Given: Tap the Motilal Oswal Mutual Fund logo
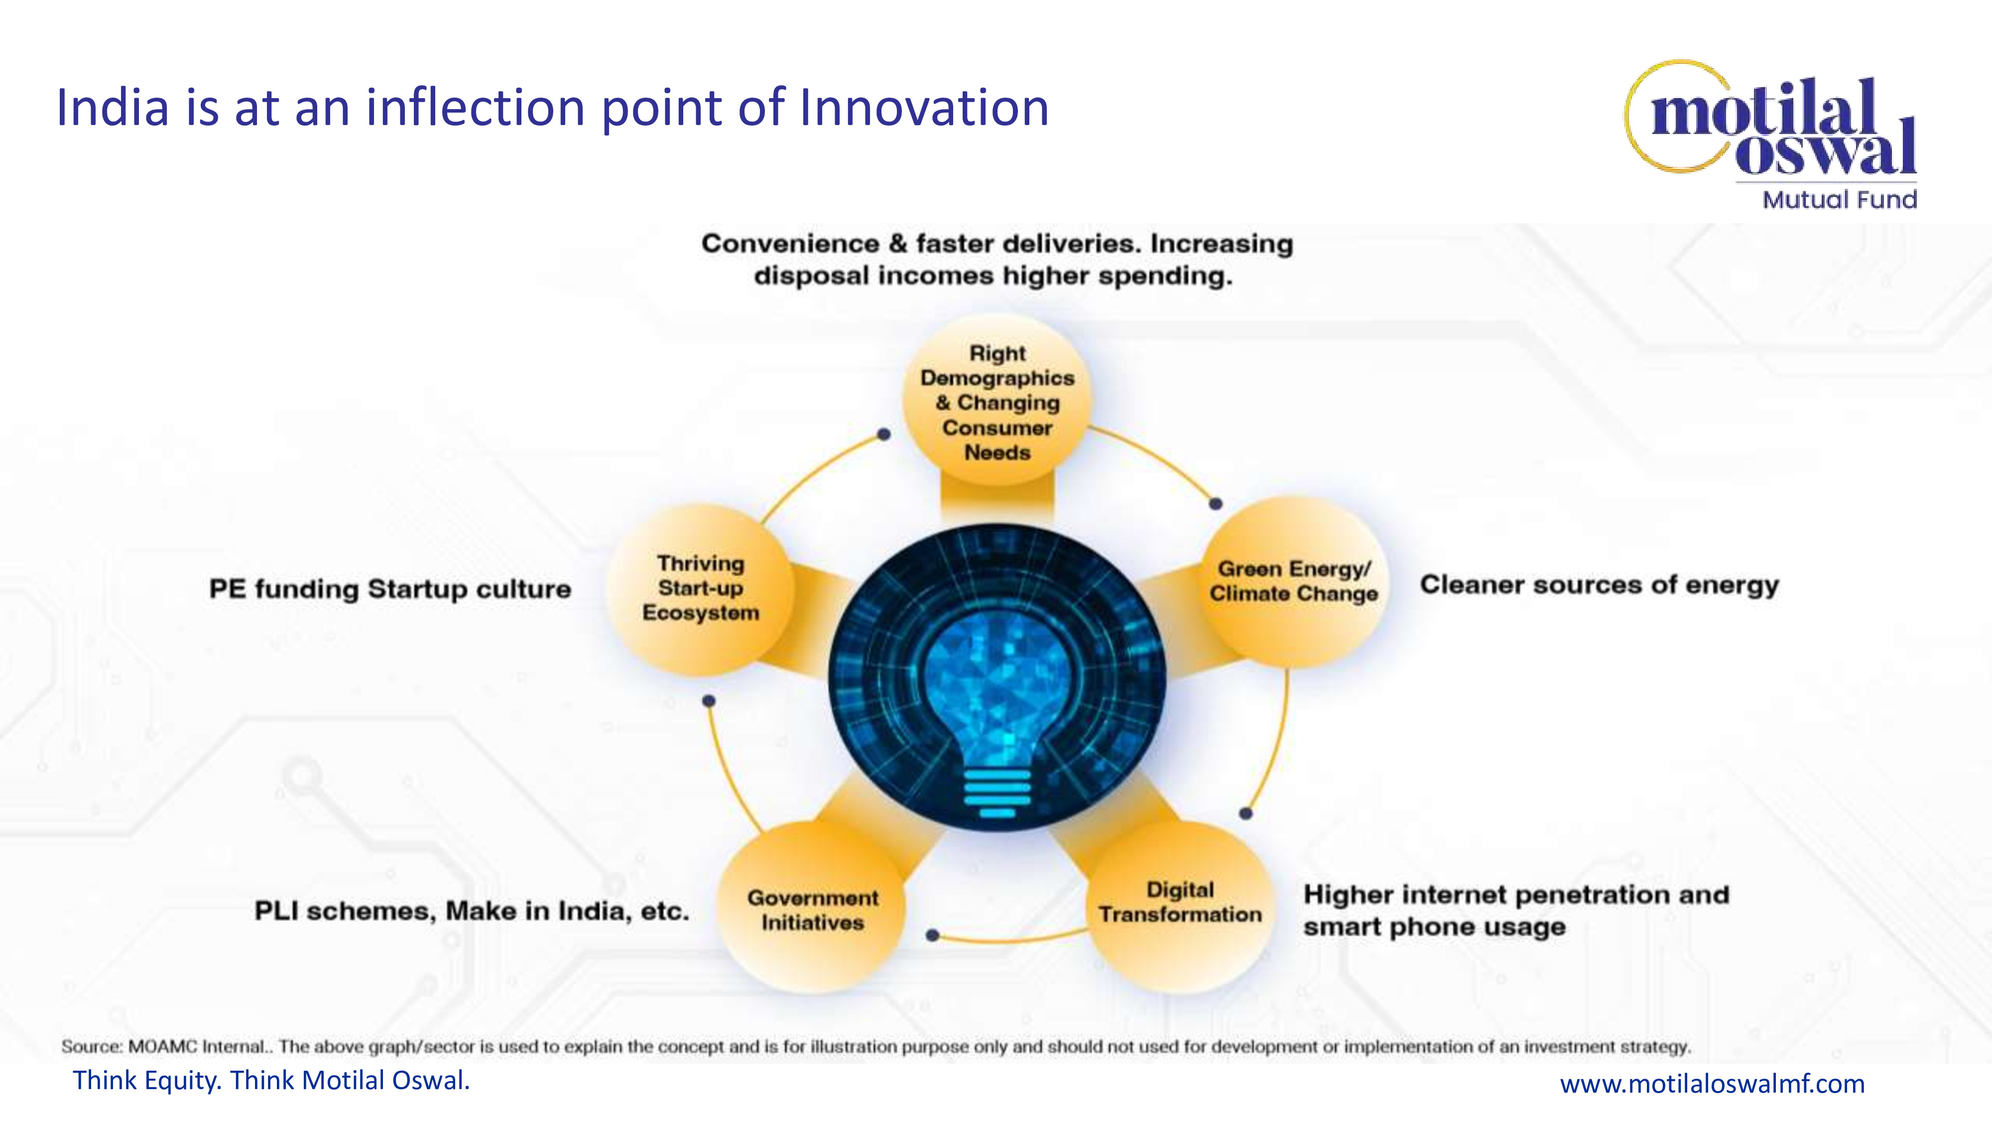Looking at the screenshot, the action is pyautogui.click(x=1771, y=135).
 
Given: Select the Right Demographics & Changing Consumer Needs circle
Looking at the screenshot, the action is pyautogui.click(x=997, y=401).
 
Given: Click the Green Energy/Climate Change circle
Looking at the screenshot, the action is pyautogui.click(x=1294, y=582).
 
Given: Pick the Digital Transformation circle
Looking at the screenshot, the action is pyautogui.click(x=1180, y=904).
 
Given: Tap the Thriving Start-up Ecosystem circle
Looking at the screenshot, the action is pyautogui.click(x=701, y=589).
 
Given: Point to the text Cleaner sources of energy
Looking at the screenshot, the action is pyautogui.click(x=1599, y=585).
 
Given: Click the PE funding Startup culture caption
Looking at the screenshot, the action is pyautogui.click(x=390, y=589).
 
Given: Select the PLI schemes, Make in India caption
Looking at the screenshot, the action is pyautogui.click(x=472, y=911).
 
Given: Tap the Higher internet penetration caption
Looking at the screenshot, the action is pyautogui.click(x=1515, y=911).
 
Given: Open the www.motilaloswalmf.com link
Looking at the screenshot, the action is pyautogui.click(x=1712, y=1083).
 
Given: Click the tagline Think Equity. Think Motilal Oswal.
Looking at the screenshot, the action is pyautogui.click(x=271, y=1080).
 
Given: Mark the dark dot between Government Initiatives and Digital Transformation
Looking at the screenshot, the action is pyautogui.click(x=933, y=935).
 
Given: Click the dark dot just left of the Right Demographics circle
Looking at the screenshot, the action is pyautogui.click(x=884, y=435).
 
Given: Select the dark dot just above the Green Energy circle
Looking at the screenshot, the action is pyautogui.click(x=1216, y=504).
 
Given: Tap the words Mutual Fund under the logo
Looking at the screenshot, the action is pyautogui.click(x=1840, y=200).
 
